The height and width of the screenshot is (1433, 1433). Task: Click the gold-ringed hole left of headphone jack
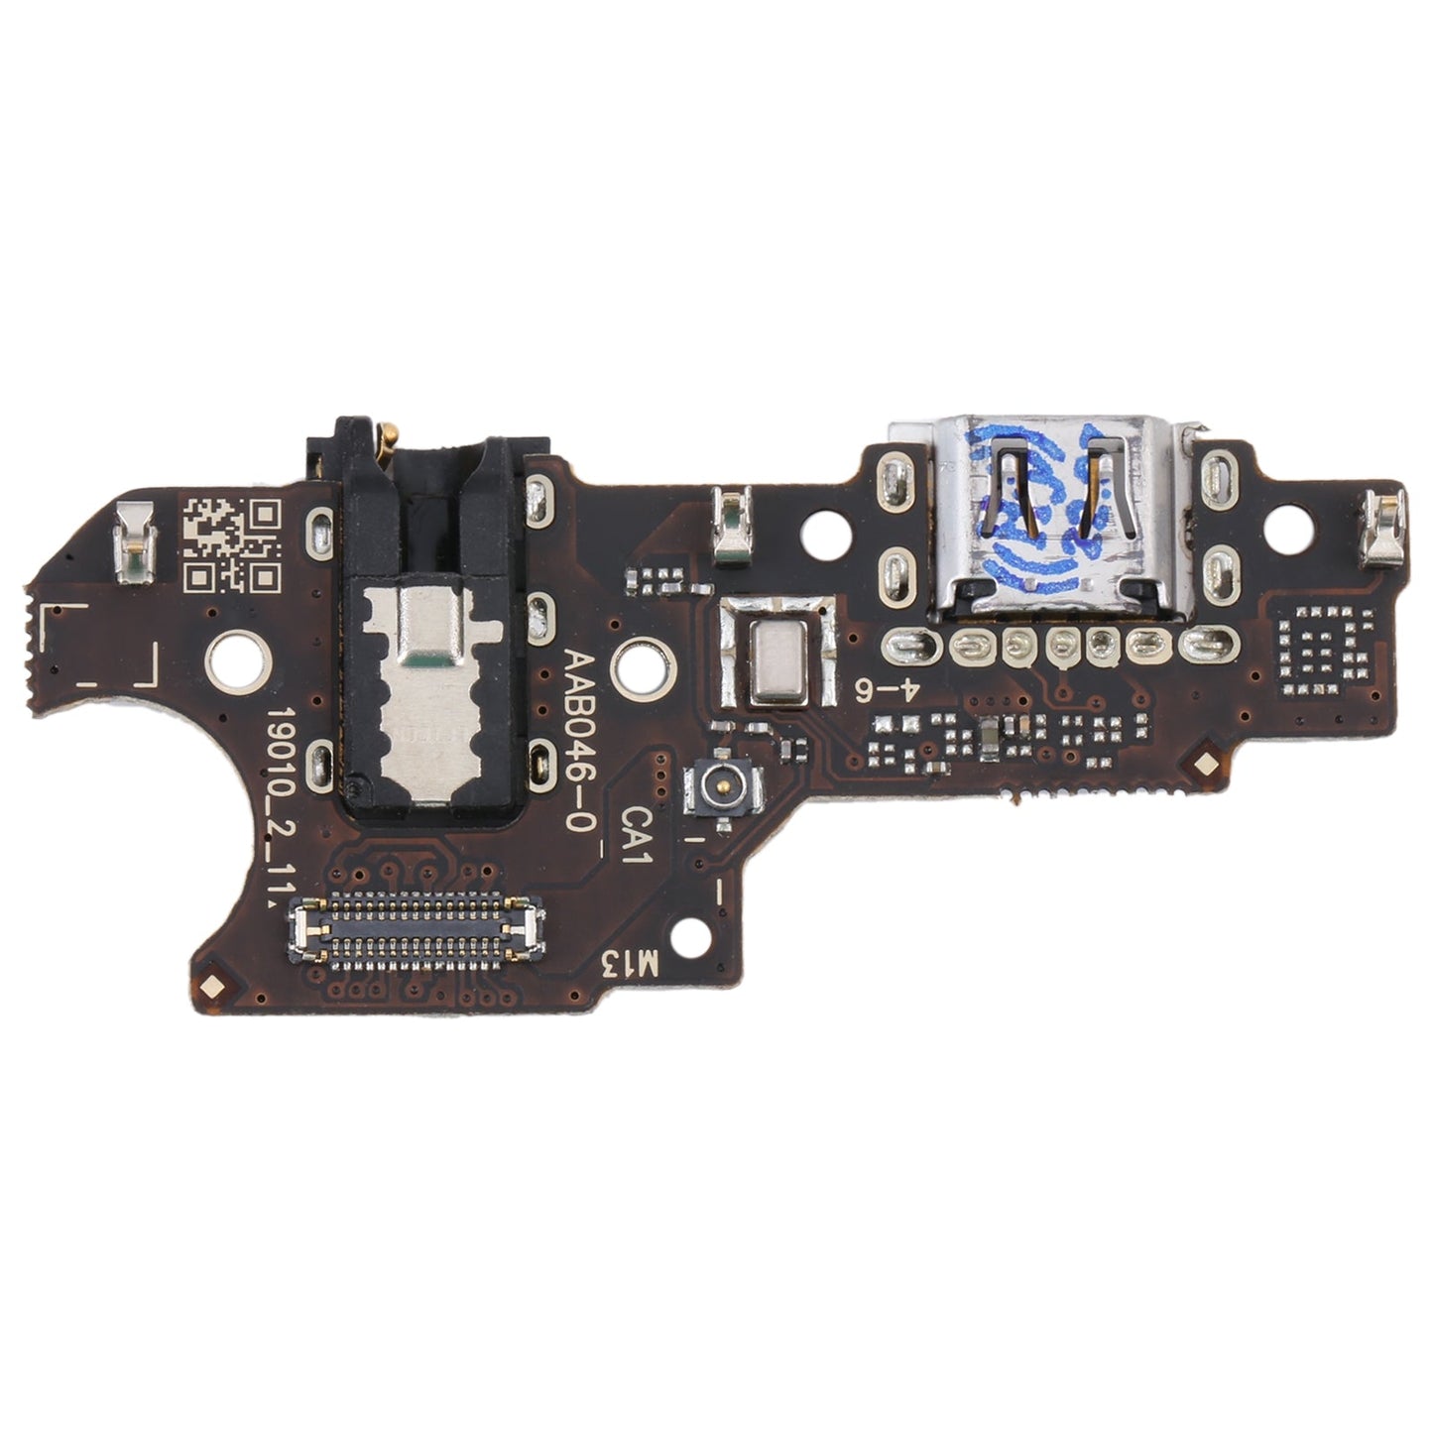click(235, 660)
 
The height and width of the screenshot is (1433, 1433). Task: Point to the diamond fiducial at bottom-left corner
click(211, 986)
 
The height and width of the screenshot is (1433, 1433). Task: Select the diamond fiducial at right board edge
click(1203, 764)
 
